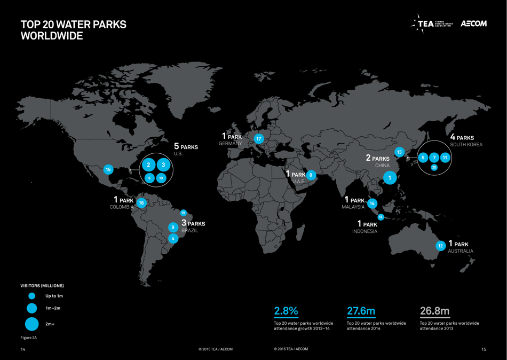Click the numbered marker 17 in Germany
(x=259, y=139)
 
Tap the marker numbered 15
(x=108, y=169)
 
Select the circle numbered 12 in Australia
(x=440, y=246)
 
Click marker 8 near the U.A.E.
(x=311, y=175)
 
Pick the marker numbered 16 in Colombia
(x=141, y=203)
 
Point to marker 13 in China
(x=399, y=152)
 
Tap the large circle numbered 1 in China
(x=390, y=177)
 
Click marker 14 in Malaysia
(x=372, y=203)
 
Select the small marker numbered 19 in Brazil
(x=183, y=213)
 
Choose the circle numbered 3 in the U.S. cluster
(x=163, y=165)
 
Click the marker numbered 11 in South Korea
(x=445, y=158)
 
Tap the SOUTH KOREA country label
(x=466, y=145)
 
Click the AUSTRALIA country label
(x=460, y=251)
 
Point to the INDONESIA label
(x=365, y=231)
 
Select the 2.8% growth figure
(x=286, y=310)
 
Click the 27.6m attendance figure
(x=361, y=310)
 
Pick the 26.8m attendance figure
(x=434, y=310)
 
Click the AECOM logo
(x=473, y=24)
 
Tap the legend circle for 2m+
(x=32, y=324)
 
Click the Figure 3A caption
(x=28, y=338)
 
